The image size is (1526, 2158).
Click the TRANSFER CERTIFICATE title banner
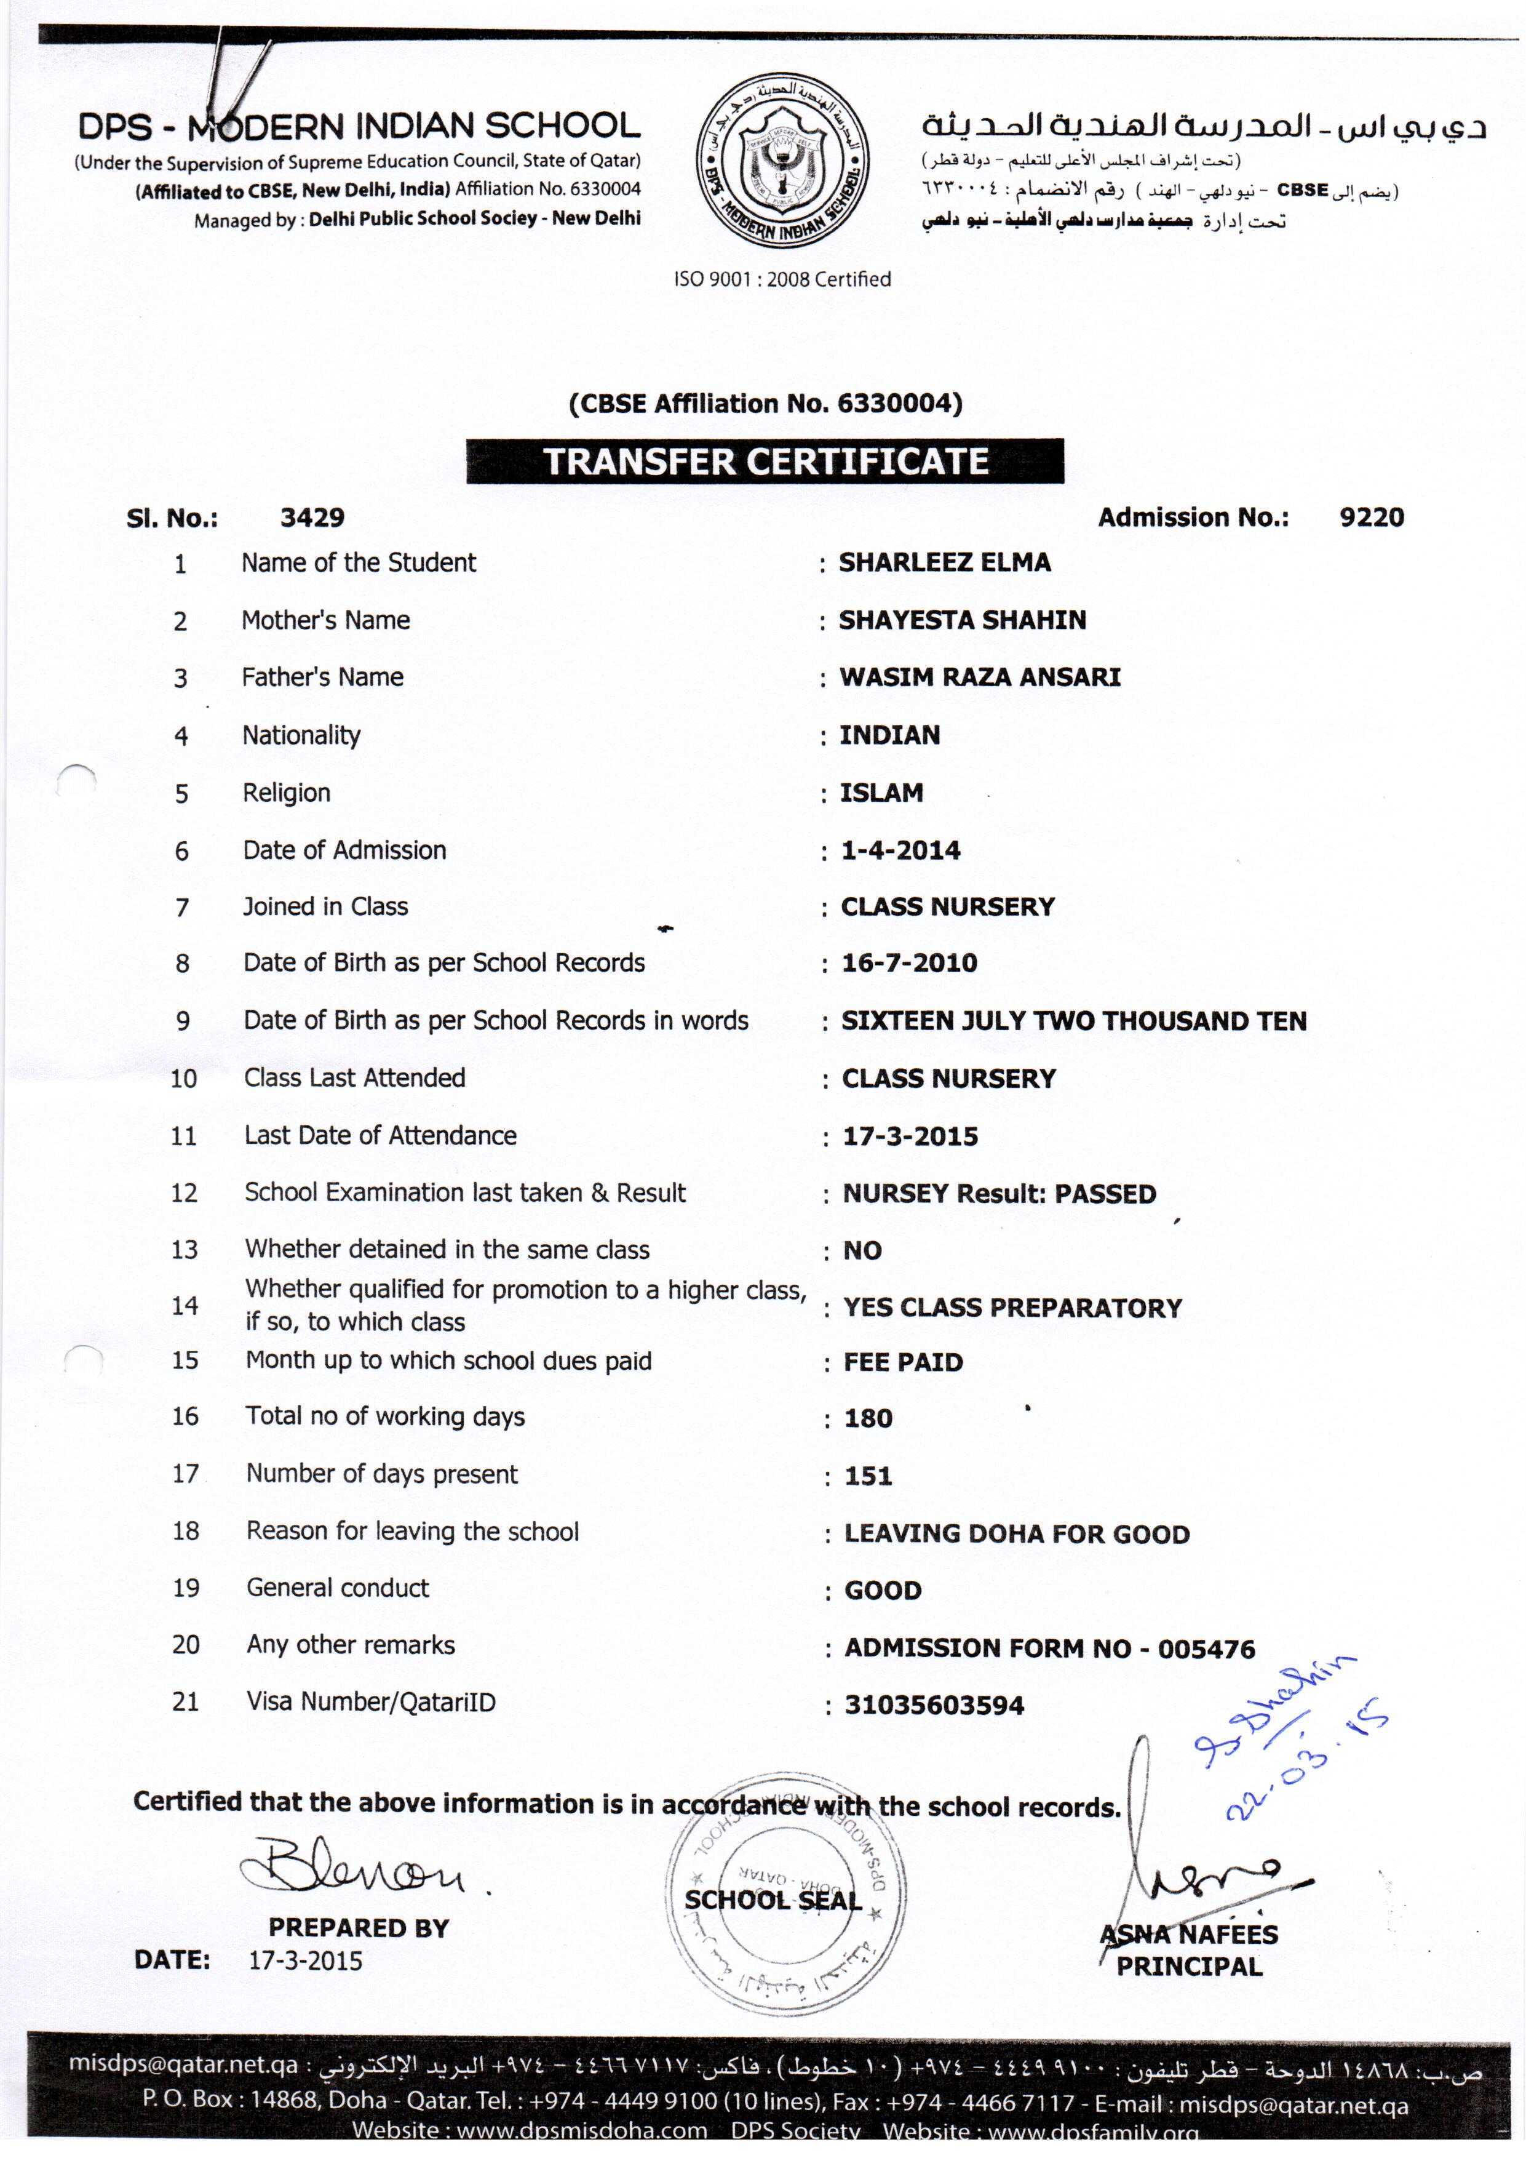(x=765, y=462)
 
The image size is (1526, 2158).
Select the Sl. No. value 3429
(x=312, y=518)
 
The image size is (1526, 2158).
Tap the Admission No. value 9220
(x=1371, y=518)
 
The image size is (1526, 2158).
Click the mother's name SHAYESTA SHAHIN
(x=962, y=620)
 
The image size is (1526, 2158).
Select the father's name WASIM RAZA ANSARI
(x=979, y=677)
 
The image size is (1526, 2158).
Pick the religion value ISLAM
(x=881, y=793)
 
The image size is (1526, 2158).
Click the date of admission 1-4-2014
(x=900, y=850)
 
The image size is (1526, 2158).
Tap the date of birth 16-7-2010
(x=908, y=964)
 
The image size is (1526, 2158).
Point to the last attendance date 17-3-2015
(x=910, y=1137)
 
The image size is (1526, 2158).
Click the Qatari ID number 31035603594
(x=934, y=1705)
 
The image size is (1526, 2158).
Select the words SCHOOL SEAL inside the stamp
(x=773, y=1900)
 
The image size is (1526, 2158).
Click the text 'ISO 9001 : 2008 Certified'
(x=782, y=279)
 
